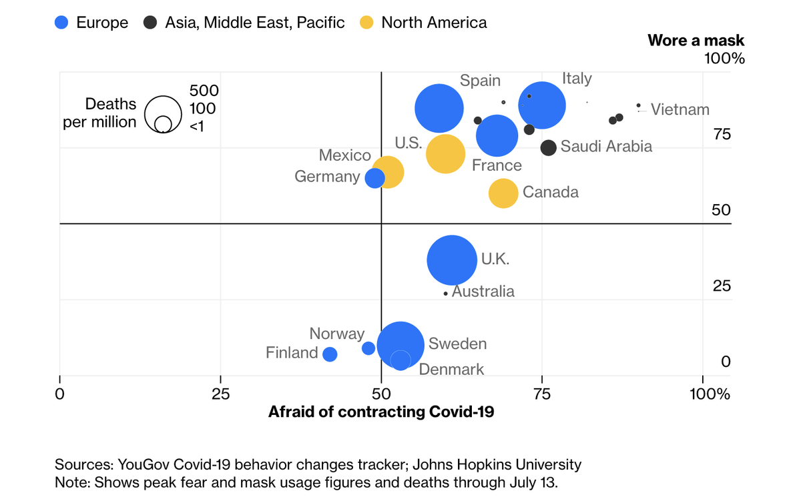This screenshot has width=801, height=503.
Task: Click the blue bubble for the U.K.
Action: click(x=452, y=260)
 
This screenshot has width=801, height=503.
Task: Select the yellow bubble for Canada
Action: click(x=503, y=193)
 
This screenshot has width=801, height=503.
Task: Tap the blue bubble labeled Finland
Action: click(x=330, y=354)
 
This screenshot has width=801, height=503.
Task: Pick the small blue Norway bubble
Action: click(x=368, y=348)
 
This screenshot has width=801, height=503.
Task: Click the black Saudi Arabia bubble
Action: click(x=549, y=148)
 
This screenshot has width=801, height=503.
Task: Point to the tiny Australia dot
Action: click(x=446, y=294)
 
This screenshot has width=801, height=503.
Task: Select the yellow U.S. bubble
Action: click(x=445, y=154)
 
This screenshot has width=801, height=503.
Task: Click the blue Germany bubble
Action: click(x=375, y=178)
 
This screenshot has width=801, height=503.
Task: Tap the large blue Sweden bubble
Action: click(x=400, y=345)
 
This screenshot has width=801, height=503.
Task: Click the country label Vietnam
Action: click(x=680, y=110)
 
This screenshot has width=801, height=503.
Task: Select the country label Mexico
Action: click(x=344, y=155)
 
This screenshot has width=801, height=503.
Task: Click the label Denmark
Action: click(x=451, y=369)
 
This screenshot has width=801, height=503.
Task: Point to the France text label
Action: click(x=497, y=165)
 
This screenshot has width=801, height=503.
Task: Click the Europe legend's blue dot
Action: click(x=61, y=23)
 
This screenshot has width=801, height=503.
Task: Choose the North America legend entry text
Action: click(x=434, y=23)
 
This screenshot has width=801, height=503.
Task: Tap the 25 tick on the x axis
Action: click(x=220, y=393)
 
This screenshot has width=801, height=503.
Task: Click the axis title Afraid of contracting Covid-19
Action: click(x=381, y=412)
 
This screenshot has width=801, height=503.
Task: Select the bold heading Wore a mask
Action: click(x=696, y=40)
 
